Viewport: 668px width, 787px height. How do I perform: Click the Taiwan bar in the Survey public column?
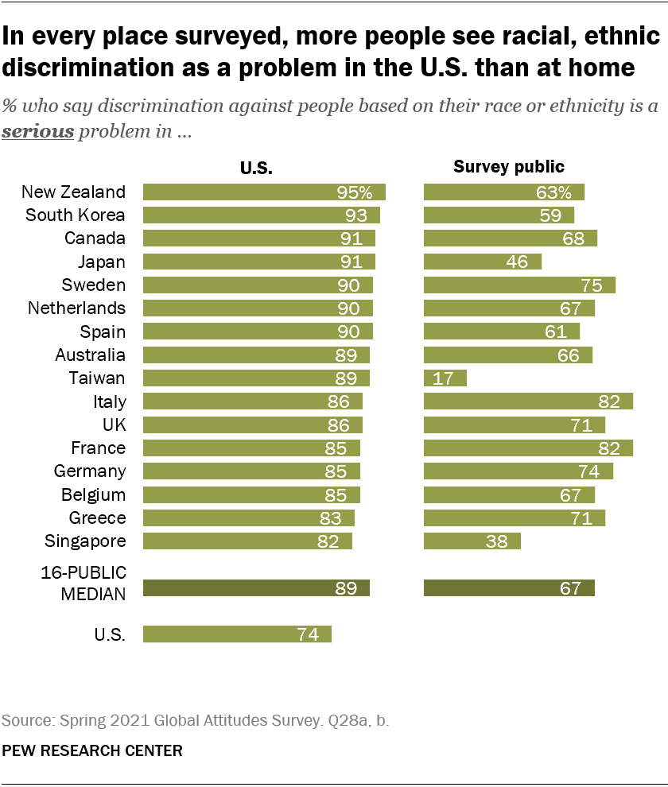[445, 378]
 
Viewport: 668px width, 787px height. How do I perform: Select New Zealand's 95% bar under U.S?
[264, 192]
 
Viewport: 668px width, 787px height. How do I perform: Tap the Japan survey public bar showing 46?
[482, 262]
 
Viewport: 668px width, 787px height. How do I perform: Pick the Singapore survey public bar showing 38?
[472, 541]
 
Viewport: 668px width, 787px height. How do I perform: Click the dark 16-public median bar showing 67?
[509, 588]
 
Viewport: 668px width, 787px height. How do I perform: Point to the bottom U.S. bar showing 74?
[237, 634]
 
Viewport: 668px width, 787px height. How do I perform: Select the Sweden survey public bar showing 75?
[519, 285]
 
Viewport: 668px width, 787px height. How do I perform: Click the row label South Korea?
[76, 215]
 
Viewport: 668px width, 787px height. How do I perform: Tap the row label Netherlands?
[76, 308]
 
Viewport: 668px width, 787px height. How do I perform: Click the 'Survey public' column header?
[508, 167]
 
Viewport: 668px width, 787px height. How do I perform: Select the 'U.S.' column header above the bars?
[257, 168]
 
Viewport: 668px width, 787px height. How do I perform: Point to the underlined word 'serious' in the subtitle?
[38, 132]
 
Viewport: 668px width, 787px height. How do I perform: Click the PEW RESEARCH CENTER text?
[91, 750]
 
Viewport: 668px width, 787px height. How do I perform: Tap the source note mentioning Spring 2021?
[196, 721]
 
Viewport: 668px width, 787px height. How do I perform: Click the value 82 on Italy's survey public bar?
[608, 401]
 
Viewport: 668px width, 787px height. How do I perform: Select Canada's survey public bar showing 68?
[510, 238]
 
